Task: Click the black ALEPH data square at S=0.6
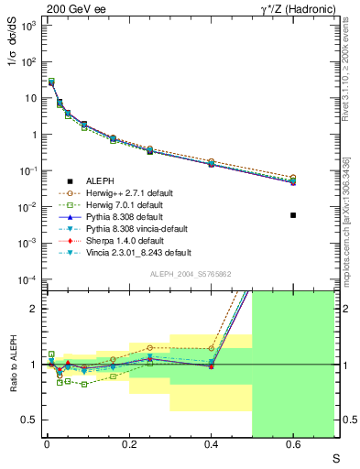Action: click(x=293, y=215)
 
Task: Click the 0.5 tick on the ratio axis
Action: click(x=30, y=420)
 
